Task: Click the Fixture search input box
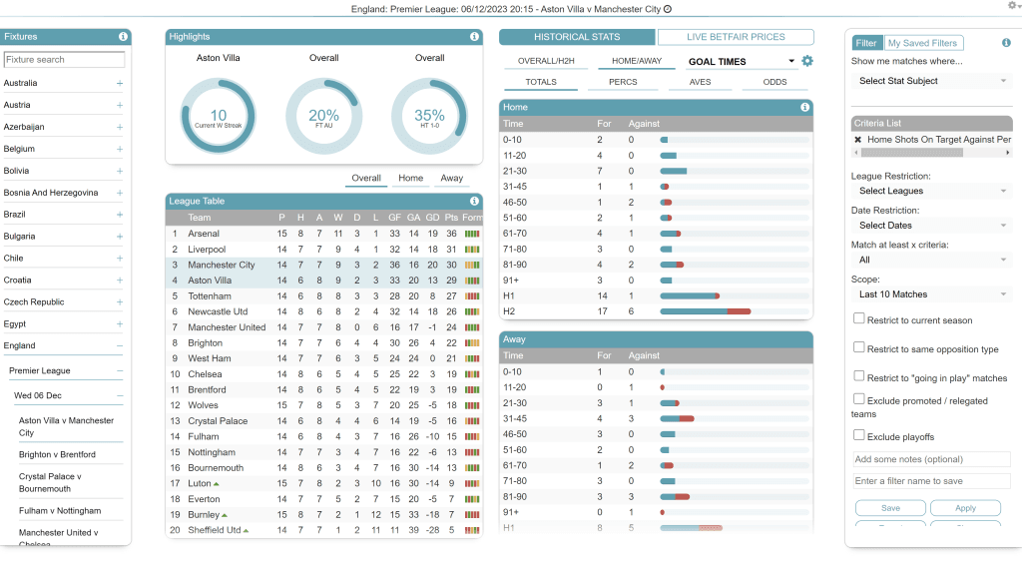[x=64, y=60]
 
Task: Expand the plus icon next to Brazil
[x=120, y=215]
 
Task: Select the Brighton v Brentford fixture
[x=57, y=454]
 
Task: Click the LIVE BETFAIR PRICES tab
[x=736, y=37]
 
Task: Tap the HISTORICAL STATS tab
[x=577, y=37]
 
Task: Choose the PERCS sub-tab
[x=625, y=82]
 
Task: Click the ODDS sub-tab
[x=774, y=82]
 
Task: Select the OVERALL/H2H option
[x=546, y=62]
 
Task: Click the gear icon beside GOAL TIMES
[x=807, y=62]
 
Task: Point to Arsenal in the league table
[x=204, y=234]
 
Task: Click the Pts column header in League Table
[x=451, y=218]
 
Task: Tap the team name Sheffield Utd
[x=214, y=530]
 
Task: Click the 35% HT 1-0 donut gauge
[x=429, y=116]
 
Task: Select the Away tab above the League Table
[x=451, y=179]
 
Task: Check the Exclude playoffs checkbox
[x=859, y=436]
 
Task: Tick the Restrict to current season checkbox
[x=859, y=319]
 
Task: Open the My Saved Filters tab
[x=922, y=43]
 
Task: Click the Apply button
[x=965, y=508]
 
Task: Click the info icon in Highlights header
[x=474, y=37]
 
